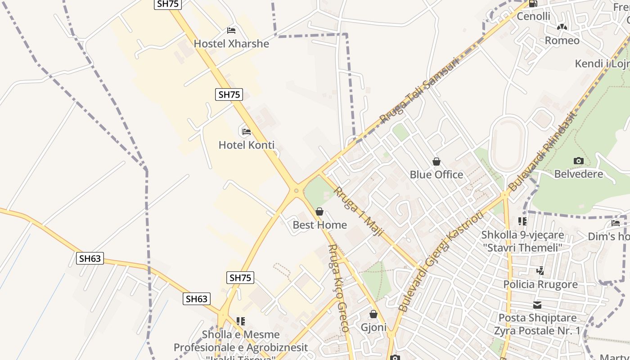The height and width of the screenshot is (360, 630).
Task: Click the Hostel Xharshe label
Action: tap(231, 44)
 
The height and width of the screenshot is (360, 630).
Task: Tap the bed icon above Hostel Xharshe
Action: tap(231, 31)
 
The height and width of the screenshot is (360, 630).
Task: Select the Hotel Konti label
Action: tap(246, 145)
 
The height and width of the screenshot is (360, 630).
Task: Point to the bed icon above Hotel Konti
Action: tap(246, 132)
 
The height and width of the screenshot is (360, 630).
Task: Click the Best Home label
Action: tap(319, 225)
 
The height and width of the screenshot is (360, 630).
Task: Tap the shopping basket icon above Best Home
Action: tap(319, 211)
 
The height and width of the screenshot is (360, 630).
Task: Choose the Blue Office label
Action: tap(436, 175)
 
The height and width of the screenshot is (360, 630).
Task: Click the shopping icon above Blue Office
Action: tap(436, 161)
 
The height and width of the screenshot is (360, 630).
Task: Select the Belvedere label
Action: tap(578, 174)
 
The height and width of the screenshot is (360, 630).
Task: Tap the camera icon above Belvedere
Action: tap(578, 161)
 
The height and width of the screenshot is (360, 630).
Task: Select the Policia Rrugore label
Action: tap(540, 284)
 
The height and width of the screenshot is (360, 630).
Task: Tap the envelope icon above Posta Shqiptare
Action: tap(537, 305)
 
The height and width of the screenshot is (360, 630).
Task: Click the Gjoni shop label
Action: tap(373, 327)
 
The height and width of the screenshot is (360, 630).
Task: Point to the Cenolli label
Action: tap(534, 16)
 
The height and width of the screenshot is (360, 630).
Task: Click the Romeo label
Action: tap(562, 40)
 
